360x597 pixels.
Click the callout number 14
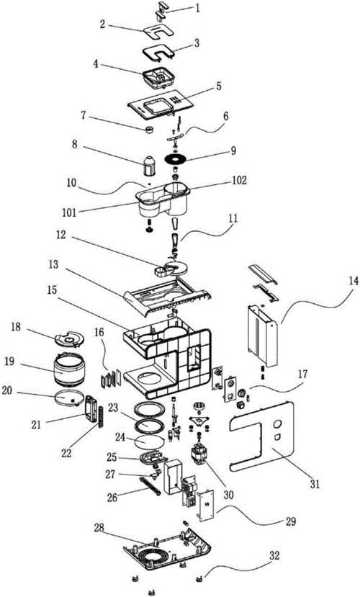(x=353, y=282)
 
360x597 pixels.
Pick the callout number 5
(x=218, y=86)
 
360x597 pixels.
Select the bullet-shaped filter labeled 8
(x=150, y=166)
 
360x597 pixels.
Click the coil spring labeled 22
(x=102, y=417)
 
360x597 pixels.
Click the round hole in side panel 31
(x=277, y=423)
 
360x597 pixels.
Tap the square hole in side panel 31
(x=277, y=436)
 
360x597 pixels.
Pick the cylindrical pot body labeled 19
(x=69, y=369)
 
